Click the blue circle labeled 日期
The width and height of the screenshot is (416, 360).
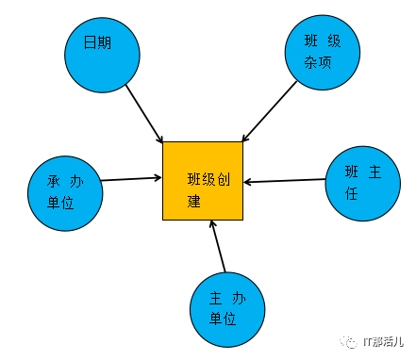pyautogui.click(x=102, y=55)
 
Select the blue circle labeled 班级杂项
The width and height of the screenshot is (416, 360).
pyautogui.click(x=323, y=52)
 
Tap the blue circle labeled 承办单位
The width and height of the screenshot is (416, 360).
pyautogui.click(x=65, y=193)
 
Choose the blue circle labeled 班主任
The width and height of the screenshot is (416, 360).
pyautogui.click(x=363, y=184)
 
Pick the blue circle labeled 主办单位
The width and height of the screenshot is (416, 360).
pyautogui.click(x=227, y=310)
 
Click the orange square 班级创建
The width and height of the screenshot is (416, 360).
pyautogui.click(x=203, y=181)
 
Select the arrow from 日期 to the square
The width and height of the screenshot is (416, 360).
pyautogui.click(x=144, y=113)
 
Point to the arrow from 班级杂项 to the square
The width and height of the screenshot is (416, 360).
pyautogui.click(x=270, y=111)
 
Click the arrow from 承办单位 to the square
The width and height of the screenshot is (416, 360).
pyautogui.click(x=131, y=179)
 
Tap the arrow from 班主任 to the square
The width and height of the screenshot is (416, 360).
pyautogui.click(x=285, y=181)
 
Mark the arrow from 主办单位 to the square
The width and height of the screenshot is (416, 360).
pyautogui.click(x=219, y=246)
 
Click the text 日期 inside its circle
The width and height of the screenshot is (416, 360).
pyautogui.click(x=97, y=42)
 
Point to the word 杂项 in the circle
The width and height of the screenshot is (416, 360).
pyautogui.click(x=318, y=62)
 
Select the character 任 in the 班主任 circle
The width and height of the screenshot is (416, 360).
pyautogui.click(x=352, y=193)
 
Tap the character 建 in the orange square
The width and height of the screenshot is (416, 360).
pyautogui.click(x=194, y=201)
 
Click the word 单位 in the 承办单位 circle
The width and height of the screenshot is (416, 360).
pyautogui.click(x=60, y=203)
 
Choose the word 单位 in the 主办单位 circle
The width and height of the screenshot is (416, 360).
pyautogui.click(x=223, y=319)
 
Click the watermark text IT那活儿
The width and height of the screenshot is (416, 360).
pyautogui.click(x=383, y=341)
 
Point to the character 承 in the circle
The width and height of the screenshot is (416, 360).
pyautogui.click(x=54, y=182)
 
